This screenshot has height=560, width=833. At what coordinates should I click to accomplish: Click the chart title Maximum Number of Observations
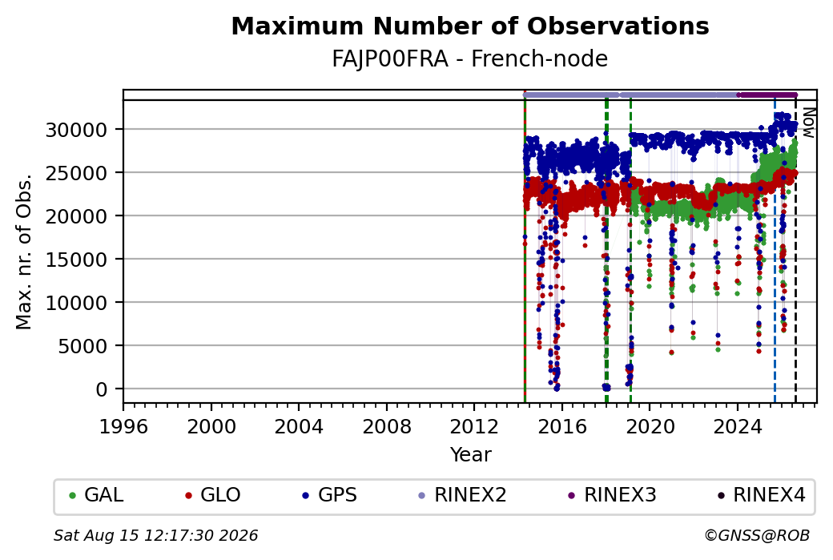[x=470, y=26]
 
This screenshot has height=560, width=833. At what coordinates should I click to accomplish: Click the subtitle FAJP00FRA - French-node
[x=470, y=58]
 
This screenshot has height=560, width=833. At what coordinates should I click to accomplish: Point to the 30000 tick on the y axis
[x=77, y=130]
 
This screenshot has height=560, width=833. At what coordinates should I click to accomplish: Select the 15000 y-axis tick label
[x=77, y=260]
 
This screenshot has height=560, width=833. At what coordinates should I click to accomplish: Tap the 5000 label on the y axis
[x=82, y=346]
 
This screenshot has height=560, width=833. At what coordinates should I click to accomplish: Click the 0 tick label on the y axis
[x=102, y=389]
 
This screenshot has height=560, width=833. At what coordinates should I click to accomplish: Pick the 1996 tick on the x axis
[x=124, y=426]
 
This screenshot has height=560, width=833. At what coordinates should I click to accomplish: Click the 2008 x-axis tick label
[x=387, y=426]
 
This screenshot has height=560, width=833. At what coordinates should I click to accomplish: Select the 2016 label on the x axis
[x=562, y=426]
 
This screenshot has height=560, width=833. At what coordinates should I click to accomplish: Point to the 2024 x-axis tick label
[x=738, y=426]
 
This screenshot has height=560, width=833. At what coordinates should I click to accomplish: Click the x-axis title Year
[x=471, y=455]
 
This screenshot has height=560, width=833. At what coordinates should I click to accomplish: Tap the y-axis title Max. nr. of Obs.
[x=24, y=252]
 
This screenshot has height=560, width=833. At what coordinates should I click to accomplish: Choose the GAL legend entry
[x=97, y=495]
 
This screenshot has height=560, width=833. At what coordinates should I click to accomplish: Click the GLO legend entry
[x=213, y=495]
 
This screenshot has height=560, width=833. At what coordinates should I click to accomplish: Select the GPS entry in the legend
[x=330, y=495]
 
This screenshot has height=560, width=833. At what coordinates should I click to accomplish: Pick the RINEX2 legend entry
[x=463, y=495]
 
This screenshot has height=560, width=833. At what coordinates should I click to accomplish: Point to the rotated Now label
[x=808, y=123]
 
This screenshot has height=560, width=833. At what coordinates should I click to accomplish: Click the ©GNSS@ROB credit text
[x=757, y=535]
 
